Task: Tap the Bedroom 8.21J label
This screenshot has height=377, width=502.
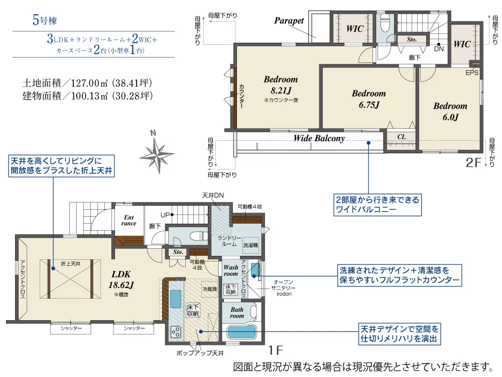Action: point(281,85)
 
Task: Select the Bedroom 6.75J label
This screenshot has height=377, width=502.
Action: point(369,99)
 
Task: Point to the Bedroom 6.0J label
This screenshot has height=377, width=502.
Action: point(450,112)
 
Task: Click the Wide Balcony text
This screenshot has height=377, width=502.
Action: point(319,138)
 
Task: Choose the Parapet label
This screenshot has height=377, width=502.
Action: point(289,21)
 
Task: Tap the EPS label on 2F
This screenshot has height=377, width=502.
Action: point(472,73)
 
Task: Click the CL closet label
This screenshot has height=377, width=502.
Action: point(402,137)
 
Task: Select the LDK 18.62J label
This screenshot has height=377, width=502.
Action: point(121,279)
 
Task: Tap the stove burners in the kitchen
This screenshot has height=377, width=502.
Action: point(175,332)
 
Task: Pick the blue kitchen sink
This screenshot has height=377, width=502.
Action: point(175,299)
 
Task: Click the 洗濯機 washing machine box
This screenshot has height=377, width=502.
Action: point(250,245)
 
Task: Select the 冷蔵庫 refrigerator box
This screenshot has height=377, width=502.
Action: point(209,289)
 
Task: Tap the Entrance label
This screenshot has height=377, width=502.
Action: point(129,220)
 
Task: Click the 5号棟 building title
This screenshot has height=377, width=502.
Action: point(45,20)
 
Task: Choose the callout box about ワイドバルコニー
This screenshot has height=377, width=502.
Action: point(378,205)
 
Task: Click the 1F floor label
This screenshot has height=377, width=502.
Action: point(276,350)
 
